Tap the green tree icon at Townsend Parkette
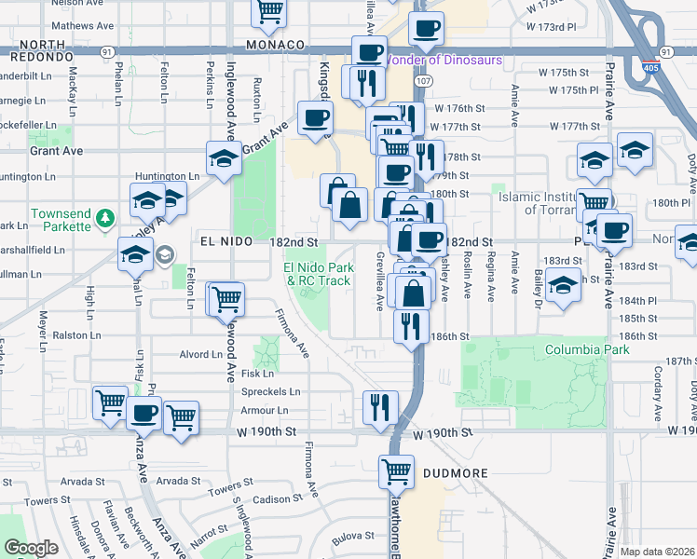pos(105,218)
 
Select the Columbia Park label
pos(587,349)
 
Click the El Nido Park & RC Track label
pos(318,274)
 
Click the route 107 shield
pos(424,82)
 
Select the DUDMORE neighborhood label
pos(456,473)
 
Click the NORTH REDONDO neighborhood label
pos(42,50)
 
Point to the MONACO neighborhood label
pos(275,45)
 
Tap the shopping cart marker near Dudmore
pos(396,471)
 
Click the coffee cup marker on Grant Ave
pos(314,117)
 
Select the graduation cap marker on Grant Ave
pos(224,159)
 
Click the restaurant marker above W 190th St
pos(379,406)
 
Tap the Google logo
pos(32,548)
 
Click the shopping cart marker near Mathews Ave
pos(269,11)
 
